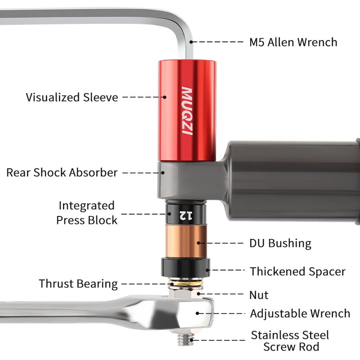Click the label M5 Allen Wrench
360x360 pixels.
click(x=293, y=42)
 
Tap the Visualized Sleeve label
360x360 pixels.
click(x=72, y=97)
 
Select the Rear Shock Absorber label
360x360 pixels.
click(x=62, y=172)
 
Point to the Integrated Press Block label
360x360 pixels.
click(x=86, y=213)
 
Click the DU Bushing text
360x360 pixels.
click(x=280, y=243)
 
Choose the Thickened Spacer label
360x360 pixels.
click(x=297, y=272)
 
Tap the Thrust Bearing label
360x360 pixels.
click(x=78, y=284)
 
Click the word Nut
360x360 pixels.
click(x=259, y=295)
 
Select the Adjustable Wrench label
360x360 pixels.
click(x=300, y=314)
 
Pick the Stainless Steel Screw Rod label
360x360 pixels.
click(x=290, y=341)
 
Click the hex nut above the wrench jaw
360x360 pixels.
click(x=185, y=294)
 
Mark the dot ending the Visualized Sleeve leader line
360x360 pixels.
click(x=165, y=97)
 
